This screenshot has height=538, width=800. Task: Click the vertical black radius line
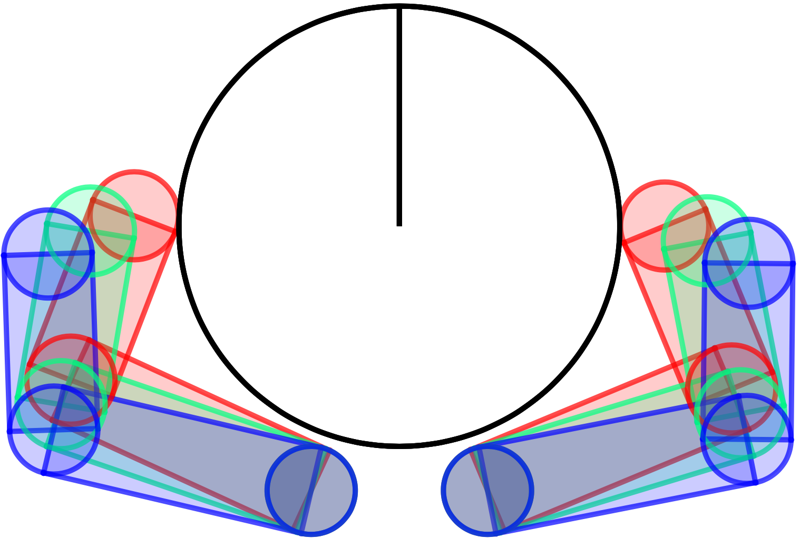[x=399, y=116]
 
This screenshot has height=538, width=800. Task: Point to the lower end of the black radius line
[x=399, y=225]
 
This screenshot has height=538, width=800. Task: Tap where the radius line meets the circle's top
[x=399, y=8]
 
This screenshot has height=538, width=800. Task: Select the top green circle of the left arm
[x=91, y=231]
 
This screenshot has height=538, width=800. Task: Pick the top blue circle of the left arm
[x=48, y=254]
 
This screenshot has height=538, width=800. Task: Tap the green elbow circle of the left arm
[x=62, y=404]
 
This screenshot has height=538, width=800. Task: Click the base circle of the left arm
[x=311, y=490]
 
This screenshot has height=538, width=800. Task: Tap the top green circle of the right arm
[x=707, y=241]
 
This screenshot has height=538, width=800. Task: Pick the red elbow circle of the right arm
[x=731, y=388]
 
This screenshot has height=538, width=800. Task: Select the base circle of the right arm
[x=487, y=490]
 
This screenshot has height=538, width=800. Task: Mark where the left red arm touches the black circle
[x=177, y=231]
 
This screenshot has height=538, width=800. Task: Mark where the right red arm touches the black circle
[x=622, y=242]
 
